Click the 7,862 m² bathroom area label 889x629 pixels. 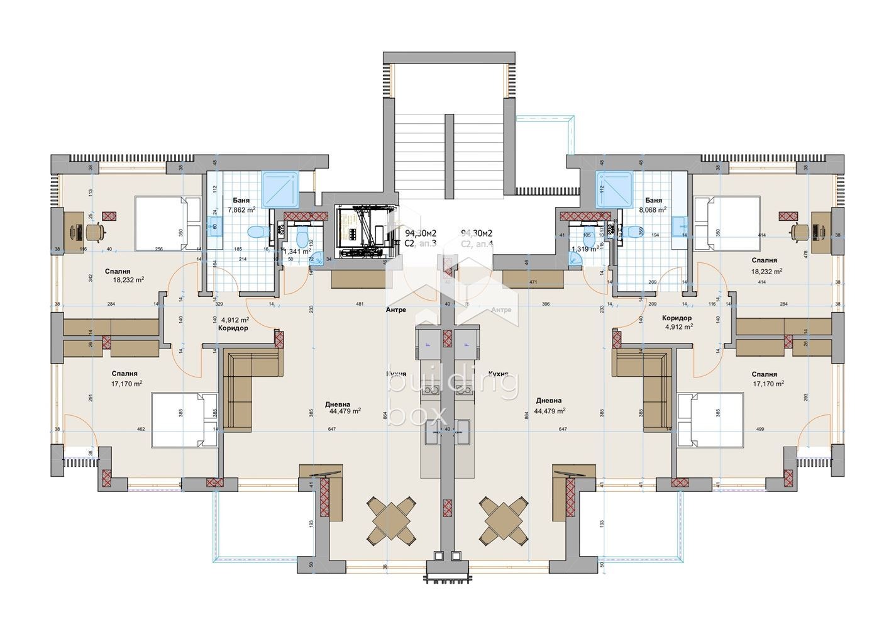coord(241,210)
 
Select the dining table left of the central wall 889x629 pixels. coord(392,521)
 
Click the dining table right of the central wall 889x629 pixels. coord(503,521)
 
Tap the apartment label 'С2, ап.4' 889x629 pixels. coord(477,243)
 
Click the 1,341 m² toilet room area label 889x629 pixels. coord(297,251)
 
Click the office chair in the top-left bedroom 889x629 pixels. coord(96,232)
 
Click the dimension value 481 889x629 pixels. coord(360,304)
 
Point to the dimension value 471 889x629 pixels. coord(533,283)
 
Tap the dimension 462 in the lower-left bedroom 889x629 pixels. coord(140,430)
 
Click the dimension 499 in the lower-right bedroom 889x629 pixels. coord(760,430)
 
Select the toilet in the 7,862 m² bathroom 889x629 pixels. coord(255,232)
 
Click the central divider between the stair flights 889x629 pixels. coord(448,155)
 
